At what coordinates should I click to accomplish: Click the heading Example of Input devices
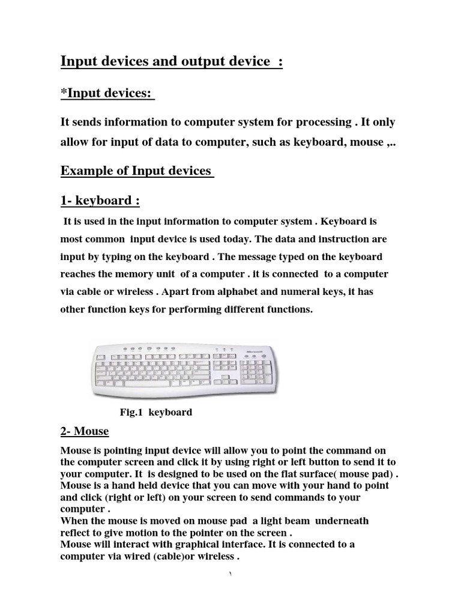click(x=136, y=171)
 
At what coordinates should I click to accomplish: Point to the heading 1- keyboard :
click(x=100, y=199)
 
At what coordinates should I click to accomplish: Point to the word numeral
click(x=310, y=291)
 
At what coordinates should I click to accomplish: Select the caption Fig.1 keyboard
click(x=156, y=412)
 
